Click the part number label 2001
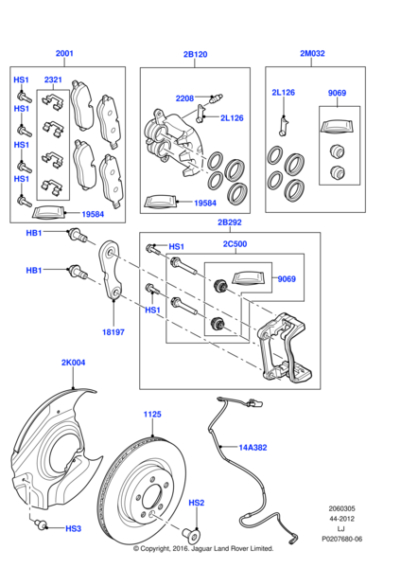click(64, 53)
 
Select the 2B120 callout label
click(195, 54)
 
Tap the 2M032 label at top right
click(312, 53)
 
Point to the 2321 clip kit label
click(53, 80)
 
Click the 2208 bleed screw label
click(184, 98)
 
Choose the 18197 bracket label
click(113, 332)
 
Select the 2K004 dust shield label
click(73, 363)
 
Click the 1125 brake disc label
click(152, 414)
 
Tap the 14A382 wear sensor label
click(253, 448)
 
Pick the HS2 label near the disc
click(197, 503)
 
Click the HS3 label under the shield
click(74, 529)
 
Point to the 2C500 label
click(235, 244)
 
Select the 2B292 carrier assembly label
click(230, 222)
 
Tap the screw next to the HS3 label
click(42, 524)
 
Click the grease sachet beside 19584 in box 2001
click(48, 213)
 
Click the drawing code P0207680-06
click(342, 539)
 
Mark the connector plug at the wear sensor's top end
click(255, 402)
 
